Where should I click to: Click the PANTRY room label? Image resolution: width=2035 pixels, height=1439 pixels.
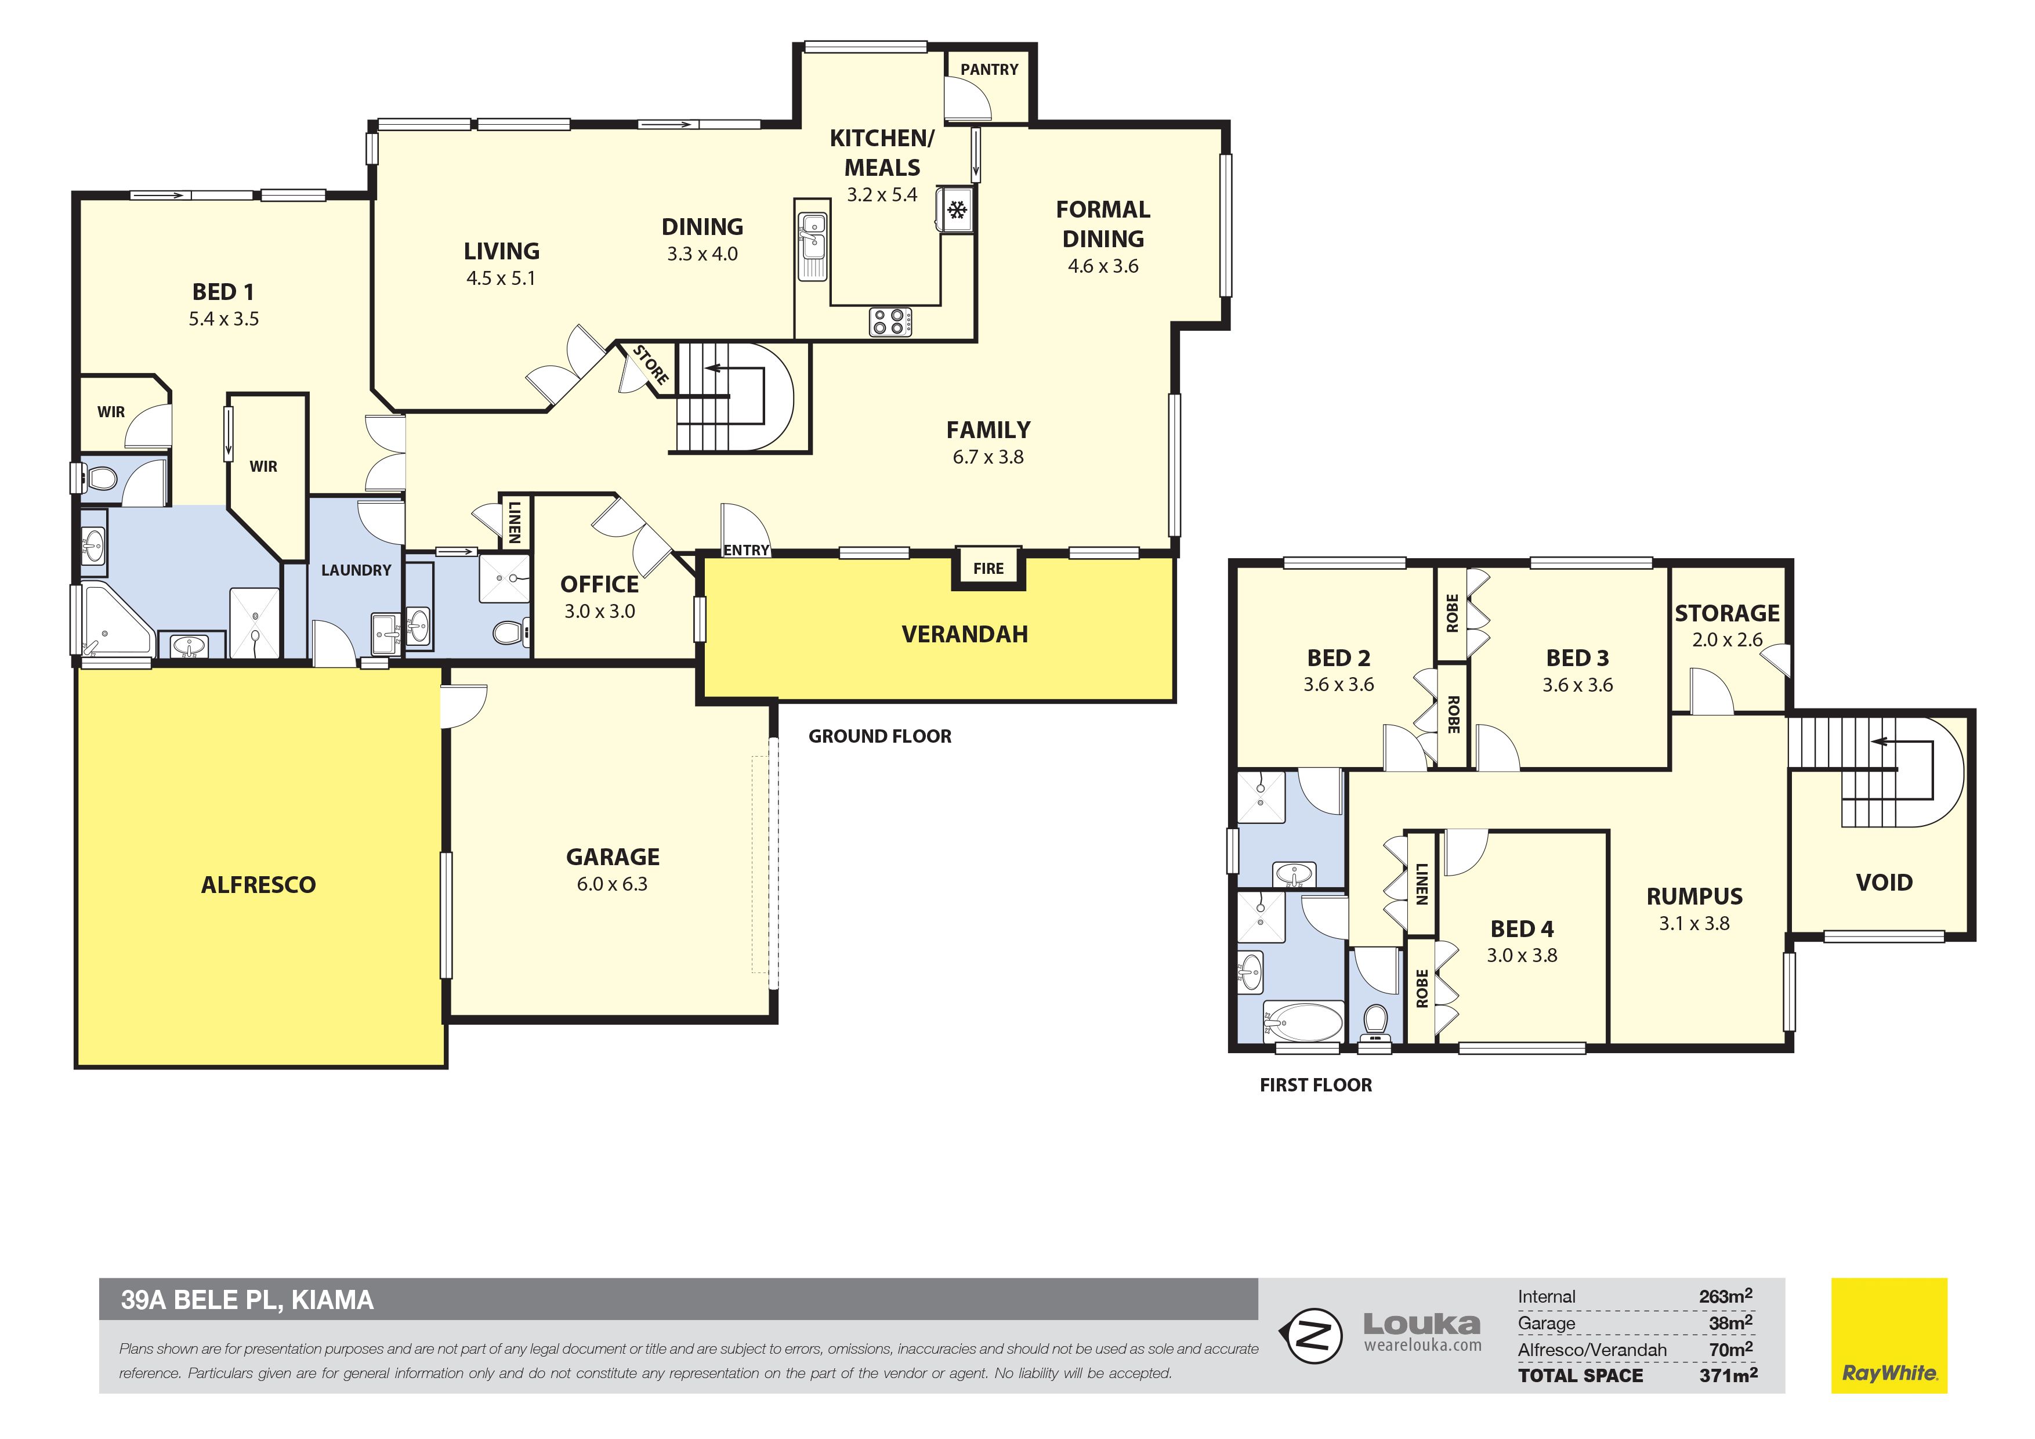989,69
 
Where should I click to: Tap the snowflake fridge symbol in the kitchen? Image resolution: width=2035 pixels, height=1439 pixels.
957,210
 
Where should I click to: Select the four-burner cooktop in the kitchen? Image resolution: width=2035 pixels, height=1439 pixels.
890,321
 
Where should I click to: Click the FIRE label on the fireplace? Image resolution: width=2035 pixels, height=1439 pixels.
988,568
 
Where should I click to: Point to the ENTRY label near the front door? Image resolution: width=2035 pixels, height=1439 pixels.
746,551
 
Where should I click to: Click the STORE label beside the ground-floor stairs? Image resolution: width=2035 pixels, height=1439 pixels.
650,366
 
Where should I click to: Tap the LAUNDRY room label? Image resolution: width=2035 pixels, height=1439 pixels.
356,570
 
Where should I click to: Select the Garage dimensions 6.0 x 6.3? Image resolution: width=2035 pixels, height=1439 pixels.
613,884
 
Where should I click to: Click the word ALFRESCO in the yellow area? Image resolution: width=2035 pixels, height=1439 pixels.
258,885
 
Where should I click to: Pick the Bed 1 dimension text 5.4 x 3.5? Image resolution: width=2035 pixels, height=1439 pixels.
223,319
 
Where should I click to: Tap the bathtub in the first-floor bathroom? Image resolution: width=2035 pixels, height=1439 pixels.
1302,1021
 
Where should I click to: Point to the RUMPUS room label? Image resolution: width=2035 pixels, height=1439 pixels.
1694,896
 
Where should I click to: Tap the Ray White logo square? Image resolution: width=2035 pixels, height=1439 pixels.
1889,1335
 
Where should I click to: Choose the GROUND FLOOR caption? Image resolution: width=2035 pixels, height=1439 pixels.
880,736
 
